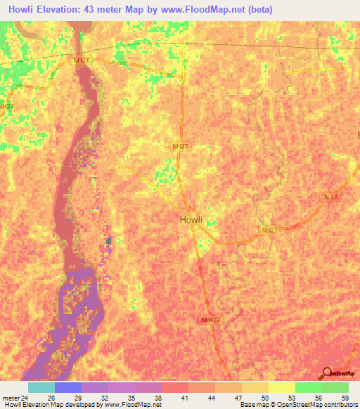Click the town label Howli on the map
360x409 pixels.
coord(191,219)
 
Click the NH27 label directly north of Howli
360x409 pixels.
coord(181,146)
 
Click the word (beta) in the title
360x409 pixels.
coord(258,10)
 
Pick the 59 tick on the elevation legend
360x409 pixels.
coord(345,398)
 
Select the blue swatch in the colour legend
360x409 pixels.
coord(68,387)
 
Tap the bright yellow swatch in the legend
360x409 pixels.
coord(281,387)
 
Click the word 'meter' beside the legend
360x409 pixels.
coord(11,398)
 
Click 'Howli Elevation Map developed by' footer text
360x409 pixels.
coord(51,405)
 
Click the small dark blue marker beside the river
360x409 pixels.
coord(109,242)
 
